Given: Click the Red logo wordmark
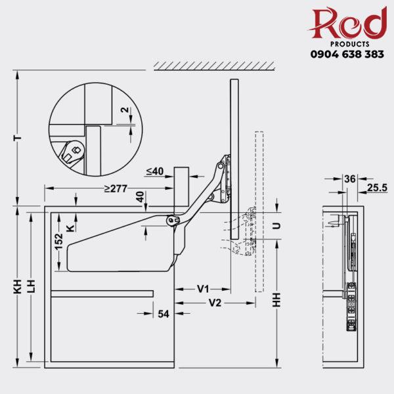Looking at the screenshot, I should [348, 24].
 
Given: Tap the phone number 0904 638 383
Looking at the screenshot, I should [347, 55].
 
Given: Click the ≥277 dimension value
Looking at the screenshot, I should [116, 190].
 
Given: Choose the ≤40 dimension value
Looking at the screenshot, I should [154, 171].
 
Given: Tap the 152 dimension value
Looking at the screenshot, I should [59, 241].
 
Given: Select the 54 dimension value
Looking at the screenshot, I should [163, 314].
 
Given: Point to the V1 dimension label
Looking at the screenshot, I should [203, 288].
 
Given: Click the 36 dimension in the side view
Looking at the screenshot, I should [349, 179].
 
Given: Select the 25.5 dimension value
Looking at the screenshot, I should [377, 187].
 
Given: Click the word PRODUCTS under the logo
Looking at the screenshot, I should [347, 43].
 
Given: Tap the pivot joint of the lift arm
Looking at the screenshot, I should [172, 221].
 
